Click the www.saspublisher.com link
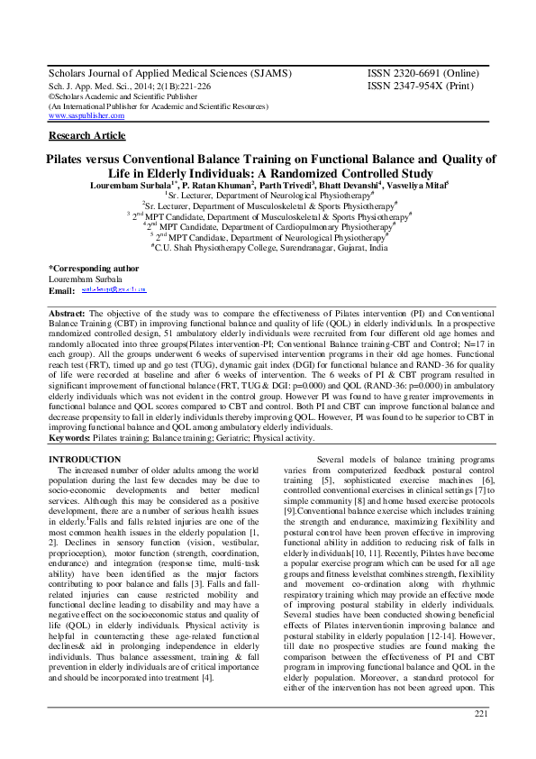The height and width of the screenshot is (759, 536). click(x=86, y=115)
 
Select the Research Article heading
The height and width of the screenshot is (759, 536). click(x=86, y=135)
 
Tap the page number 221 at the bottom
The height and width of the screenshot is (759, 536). click(x=480, y=714)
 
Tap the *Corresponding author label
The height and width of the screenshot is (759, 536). click(x=93, y=268)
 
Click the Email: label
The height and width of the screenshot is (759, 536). click(x=61, y=291)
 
